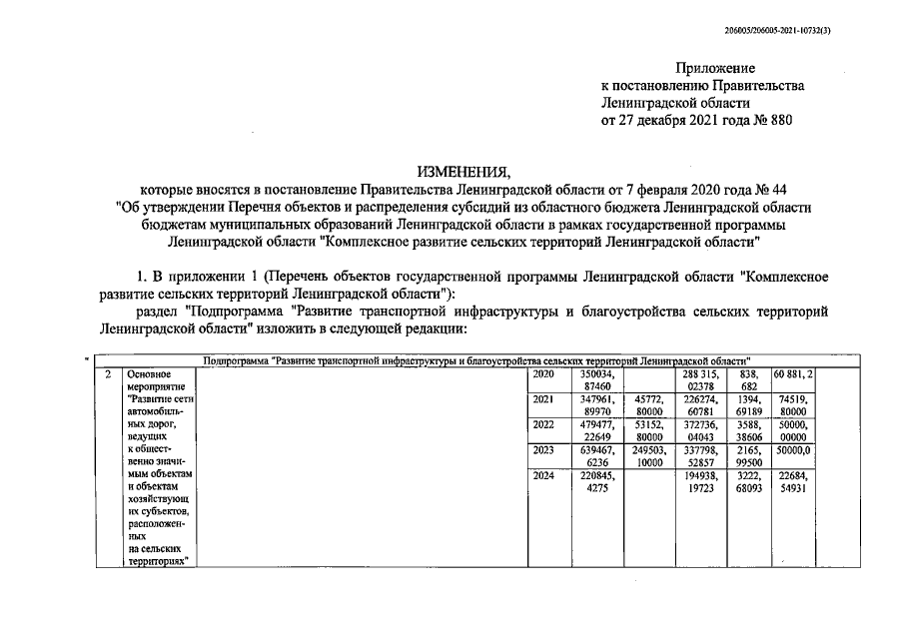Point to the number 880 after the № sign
[777, 121]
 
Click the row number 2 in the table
[108, 374]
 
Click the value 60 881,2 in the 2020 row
[795, 374]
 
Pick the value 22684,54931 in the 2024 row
[795, 482]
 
